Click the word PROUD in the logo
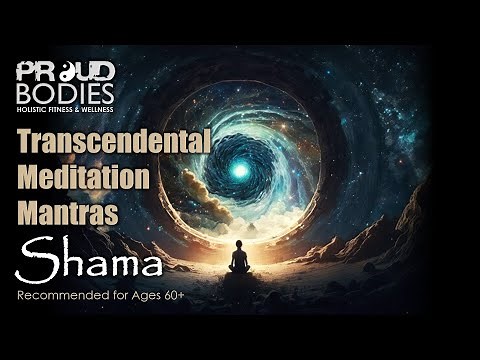point(66,72)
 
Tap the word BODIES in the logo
point(66,91)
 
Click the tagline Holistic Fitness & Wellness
point(66,107)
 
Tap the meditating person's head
point(239,245)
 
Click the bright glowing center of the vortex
point(240,170)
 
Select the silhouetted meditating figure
point(239,259)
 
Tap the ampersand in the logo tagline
point(84,107)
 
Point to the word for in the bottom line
point(118,296)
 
